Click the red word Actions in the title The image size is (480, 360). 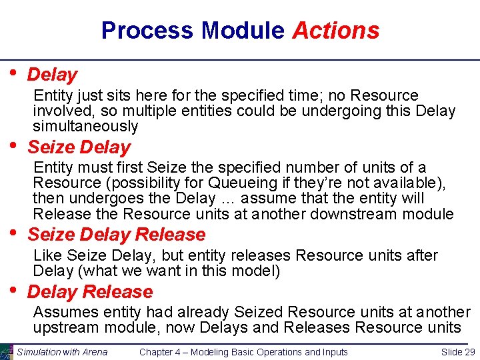pos(335,31)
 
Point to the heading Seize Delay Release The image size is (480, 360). pos(117,235)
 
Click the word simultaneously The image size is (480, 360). pos(85,126)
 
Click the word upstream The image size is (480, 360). pos(65,327)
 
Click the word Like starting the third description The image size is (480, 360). pos(46,255)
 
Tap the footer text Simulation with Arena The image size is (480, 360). pos(62,352)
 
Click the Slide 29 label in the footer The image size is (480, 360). pos(457,352)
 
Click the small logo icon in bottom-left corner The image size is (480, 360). pos(7,352)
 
